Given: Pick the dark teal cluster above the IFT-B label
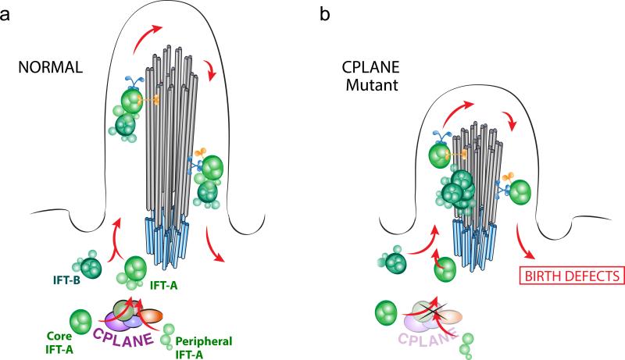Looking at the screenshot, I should click(x=90, y=267).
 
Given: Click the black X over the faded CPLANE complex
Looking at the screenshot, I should click(x=442, y=312).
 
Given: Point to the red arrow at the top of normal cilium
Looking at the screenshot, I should click(x=152, y=29).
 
